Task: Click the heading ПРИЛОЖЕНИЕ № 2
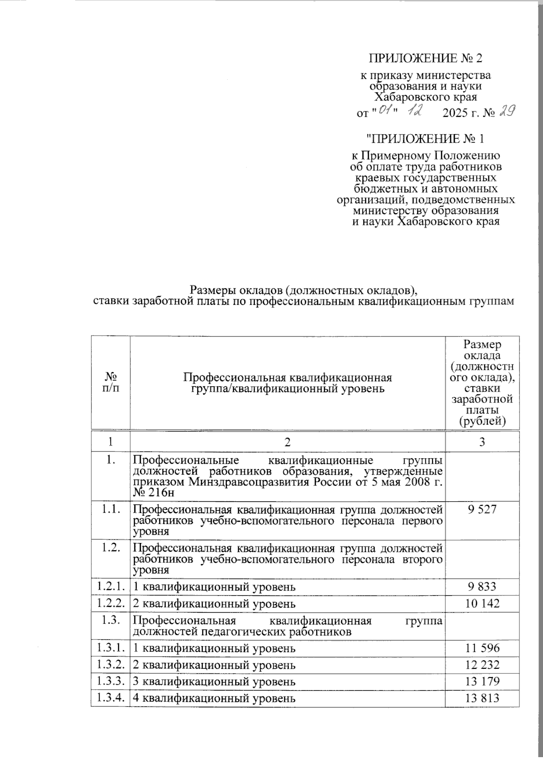click(427, 59)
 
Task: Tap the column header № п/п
click(110, 383)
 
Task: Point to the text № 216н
click(153, 493)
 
